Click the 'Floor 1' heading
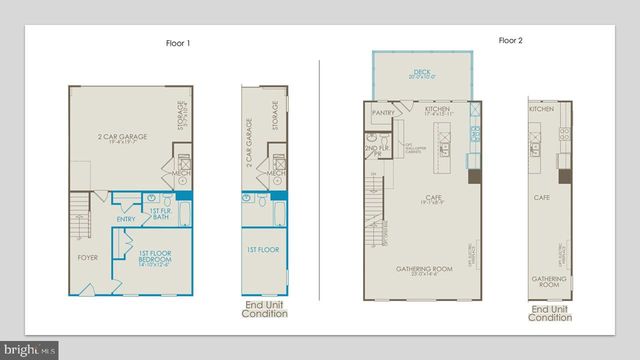pyautogui.click(x=177, y=43)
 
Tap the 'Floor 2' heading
pyautogui.click(x=511, y=41)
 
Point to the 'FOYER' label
pyautogui.click(x=89, y=257)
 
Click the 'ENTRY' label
pyautogui.click(x=126, y=219)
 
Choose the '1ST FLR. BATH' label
pyautogui.click(x=160, y=214)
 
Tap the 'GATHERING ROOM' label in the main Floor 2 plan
pyautogui.click(x=420, y=270)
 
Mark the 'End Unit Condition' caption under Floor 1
pyautogui.click(x=265, y=309)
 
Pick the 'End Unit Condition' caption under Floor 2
pyautogui.click(x=549, y=314)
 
